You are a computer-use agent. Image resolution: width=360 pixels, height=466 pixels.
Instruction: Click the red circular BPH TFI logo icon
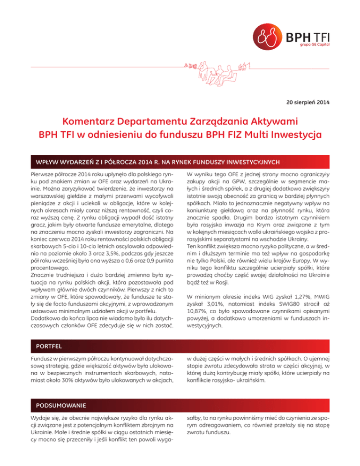point(268,36)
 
